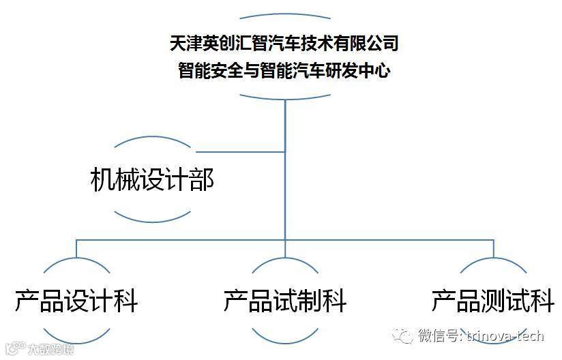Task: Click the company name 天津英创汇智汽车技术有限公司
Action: click(x=284, y=44)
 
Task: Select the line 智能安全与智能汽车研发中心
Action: click(x=284, y=70)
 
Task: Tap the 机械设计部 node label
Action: click(x=151, y=180)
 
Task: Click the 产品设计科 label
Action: click(x=76, y=300)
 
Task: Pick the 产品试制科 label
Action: click(x=285, y=300)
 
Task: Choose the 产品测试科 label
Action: click(x=492, y=300)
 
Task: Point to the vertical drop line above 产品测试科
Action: click(x=492, y=248)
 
